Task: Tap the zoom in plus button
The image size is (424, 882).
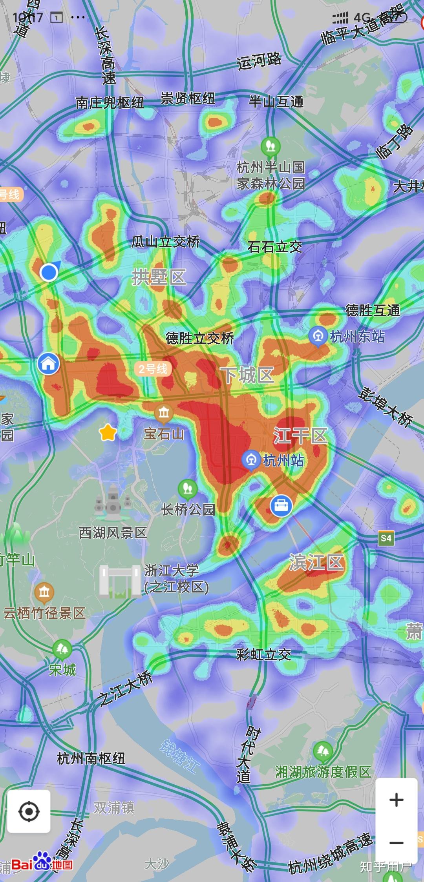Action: [396, 800]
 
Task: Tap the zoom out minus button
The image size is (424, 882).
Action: [396, 843]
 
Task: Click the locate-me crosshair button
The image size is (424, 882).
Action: [29, 811]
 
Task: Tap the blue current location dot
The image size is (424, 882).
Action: [49, 272]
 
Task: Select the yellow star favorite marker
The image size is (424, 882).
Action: [108, 433]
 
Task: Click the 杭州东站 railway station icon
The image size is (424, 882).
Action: [318, 337]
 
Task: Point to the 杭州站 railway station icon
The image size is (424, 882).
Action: [251, 460]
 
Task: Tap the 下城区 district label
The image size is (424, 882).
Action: [247, 375]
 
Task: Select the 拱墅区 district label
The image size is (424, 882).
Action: [159, 277]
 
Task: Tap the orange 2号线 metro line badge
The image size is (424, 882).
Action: [153, 368]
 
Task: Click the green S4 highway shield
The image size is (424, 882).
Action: [386, 538]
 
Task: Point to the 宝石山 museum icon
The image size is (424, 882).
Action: [164, 413]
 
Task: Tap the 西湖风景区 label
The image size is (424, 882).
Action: [113, 532]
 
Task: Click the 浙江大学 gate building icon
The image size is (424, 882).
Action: [120, 581]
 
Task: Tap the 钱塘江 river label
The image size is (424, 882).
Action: [180, 756]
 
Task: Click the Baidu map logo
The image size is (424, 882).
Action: [42, 864]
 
